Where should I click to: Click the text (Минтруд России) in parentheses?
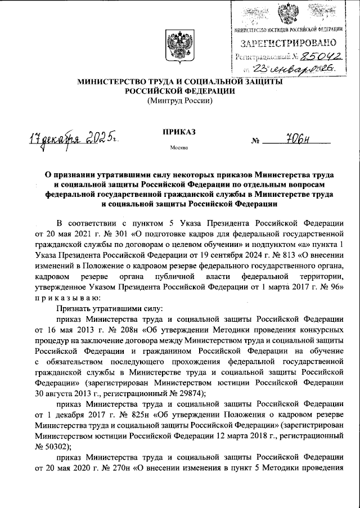pos(179,101)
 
